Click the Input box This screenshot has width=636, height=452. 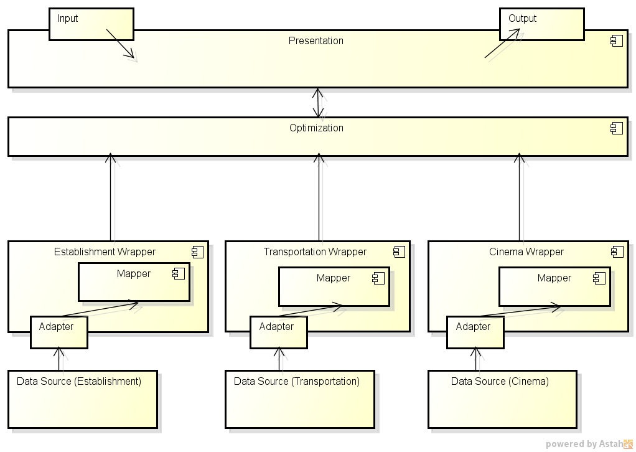[x=91, y=24]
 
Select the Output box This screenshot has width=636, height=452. [x=541, y=24]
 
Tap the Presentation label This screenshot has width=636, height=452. [x=316, y=41]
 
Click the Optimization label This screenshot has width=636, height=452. [x=316, y=128]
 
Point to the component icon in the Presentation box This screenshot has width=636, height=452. [x=616, y=41]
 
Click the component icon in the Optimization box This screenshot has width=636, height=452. [x=616, y=128]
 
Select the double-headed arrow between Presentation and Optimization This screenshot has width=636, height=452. [x=319, y=103]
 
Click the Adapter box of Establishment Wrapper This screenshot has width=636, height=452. [x=58, y=332]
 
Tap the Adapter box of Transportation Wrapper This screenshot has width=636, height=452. [x=278, y=332]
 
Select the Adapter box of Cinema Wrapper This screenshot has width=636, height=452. [x=475, y=332]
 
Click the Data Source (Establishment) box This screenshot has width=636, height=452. [x=82, y=399]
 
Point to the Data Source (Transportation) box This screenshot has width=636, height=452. [x=299, y=399]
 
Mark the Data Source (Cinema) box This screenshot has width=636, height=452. [x=502, y=399]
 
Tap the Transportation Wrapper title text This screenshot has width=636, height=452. [x=315, y=252]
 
